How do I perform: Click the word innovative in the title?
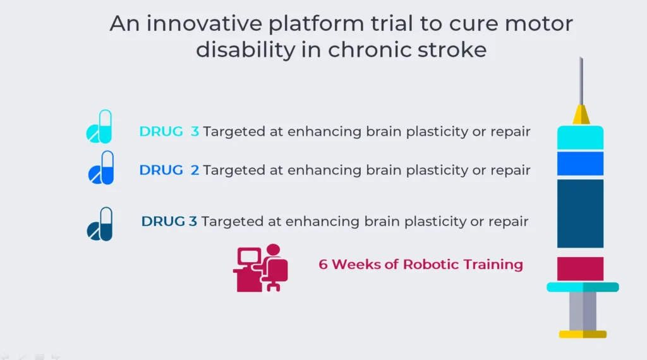(204, 23)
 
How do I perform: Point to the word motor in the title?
(538, 24)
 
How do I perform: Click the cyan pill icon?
(99, 126)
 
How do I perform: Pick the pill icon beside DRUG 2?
(100, 167)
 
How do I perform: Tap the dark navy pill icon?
(99, 224)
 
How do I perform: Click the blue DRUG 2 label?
(169, 170)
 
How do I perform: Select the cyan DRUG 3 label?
(169, 131)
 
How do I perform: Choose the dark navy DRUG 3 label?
(169, 221)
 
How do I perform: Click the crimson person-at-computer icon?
(260, 268)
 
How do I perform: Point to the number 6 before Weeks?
(323, 265)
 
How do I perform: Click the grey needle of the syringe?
(581, 81)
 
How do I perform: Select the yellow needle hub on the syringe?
(581, 115)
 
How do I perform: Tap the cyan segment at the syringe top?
(580, 137)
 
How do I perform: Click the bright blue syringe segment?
(580, 164)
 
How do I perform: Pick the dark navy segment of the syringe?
(580, 213)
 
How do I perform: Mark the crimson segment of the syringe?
(580, 268)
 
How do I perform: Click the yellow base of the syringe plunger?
(583, 334)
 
